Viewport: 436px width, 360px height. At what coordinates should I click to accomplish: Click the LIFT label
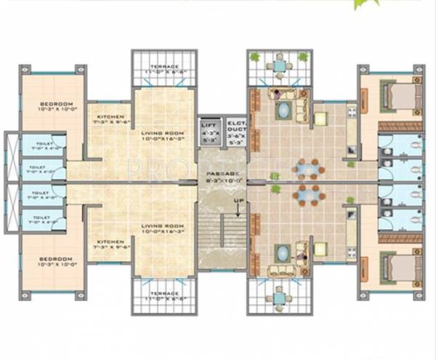209,124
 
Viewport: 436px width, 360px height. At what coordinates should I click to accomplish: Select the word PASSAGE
222,175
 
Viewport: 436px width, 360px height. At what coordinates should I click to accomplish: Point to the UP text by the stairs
238,200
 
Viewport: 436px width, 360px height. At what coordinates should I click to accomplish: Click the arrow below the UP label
238,212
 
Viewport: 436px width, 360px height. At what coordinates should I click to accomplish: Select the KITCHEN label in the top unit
110,116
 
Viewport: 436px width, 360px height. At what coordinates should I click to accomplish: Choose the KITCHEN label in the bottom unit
110,239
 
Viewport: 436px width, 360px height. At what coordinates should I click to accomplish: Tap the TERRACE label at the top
164,64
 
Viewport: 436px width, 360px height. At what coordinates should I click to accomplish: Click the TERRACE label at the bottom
164,295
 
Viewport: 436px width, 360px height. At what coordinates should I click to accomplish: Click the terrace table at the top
278,65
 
